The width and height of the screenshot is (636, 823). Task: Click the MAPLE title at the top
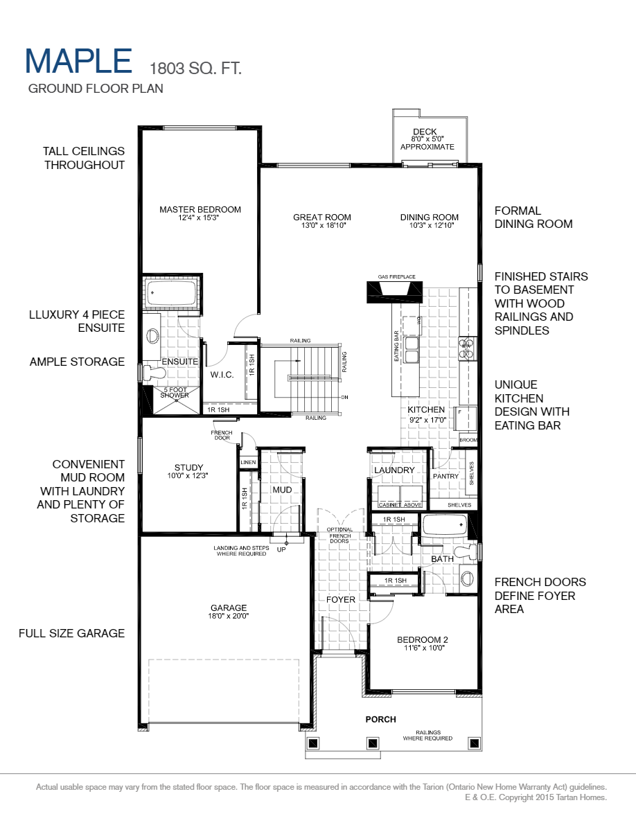tap(78, 61)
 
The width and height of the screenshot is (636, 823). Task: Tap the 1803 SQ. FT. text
tap(195, 68)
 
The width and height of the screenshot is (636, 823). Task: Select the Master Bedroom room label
tap(200, 213)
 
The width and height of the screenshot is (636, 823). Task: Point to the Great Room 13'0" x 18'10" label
tap(321, 221)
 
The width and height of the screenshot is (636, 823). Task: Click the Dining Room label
tap(429, 221)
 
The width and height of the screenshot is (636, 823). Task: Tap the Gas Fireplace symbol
tap(396, 291)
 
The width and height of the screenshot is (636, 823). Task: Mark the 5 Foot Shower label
tap(175, 392)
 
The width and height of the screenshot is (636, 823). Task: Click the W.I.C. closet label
tap(222, 375)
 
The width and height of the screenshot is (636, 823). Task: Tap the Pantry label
tap(445, 476)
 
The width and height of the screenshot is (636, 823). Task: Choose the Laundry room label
tap(394, 470)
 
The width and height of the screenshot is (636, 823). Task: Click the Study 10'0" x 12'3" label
tap(188, 471)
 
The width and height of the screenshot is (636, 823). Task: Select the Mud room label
tap(281, 490)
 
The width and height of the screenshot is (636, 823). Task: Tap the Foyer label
tap(340, 599)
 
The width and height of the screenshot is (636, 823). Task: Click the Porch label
tap(380, 719)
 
